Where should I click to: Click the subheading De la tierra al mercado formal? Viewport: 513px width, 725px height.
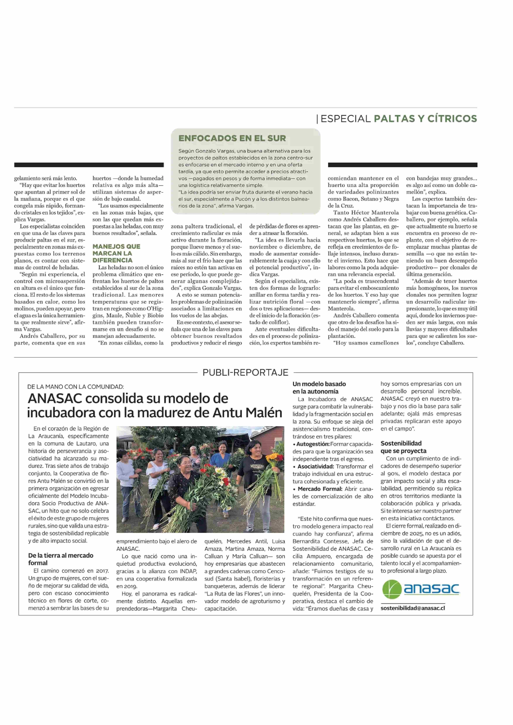tap(61, 559)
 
